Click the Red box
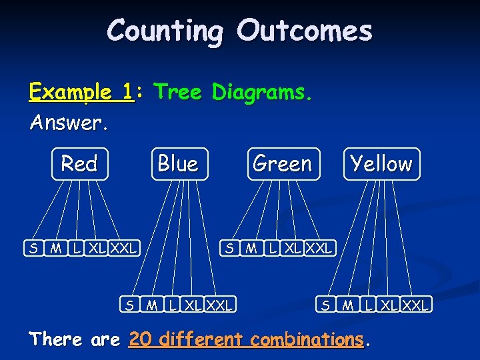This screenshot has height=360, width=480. pos(79,164)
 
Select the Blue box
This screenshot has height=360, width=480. pos(178,164)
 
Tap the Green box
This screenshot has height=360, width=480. pos(282,164)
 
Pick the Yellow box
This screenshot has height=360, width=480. pos(381,164)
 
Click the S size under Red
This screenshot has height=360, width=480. pos(32,249)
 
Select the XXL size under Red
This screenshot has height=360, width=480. pos(123,249)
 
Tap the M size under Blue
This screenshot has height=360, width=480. pos(152,305)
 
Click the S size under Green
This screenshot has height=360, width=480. pos(229,249)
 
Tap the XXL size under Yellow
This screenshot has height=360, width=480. pos(416,305)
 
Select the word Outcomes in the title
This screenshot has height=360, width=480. pos(305,31)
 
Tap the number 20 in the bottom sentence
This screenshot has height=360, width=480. pos(140,339)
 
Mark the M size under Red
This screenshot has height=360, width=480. pos(56,249)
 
